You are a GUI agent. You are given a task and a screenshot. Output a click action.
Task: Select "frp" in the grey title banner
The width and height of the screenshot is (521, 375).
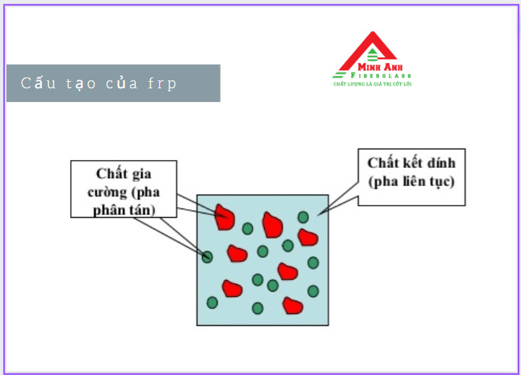pos(162,84)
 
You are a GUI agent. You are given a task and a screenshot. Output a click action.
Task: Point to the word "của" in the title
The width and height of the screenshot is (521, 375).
pos(122,83)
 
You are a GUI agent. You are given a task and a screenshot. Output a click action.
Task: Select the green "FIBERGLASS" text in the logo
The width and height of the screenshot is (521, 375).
pos(381,75)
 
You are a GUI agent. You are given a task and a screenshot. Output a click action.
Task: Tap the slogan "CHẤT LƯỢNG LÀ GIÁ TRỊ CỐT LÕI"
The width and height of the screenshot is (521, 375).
pos(373,84)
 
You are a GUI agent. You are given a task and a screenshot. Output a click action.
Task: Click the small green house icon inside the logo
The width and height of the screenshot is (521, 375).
pos(372,55)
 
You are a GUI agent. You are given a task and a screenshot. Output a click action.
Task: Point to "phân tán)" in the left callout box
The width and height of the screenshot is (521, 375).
pos(124,210)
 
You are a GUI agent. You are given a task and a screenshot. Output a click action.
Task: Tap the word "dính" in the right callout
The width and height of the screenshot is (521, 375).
pos(441,163)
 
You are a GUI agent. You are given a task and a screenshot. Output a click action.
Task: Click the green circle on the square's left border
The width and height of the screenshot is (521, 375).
pos(207,257)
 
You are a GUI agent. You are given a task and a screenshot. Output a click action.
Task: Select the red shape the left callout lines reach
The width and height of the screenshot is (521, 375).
pos(224,218)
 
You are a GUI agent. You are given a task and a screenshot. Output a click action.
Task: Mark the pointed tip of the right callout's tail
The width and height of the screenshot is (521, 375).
pos(318,215)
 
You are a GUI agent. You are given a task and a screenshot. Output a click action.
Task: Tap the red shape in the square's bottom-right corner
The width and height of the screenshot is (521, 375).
pos(292,306)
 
